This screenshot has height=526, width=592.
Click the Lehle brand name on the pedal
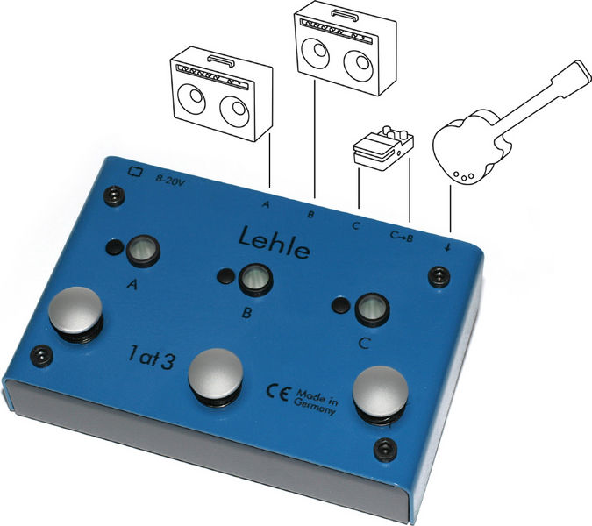[275, 243]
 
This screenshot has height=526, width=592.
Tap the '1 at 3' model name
[151, 357]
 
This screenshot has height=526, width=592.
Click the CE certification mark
[277, 393]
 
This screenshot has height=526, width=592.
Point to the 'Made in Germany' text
[316, 402]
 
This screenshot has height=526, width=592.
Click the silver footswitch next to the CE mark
[216, 377]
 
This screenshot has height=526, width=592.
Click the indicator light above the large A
[143, 250]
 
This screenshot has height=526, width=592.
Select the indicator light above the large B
[255, 280]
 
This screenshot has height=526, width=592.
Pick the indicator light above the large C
[373, 309]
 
